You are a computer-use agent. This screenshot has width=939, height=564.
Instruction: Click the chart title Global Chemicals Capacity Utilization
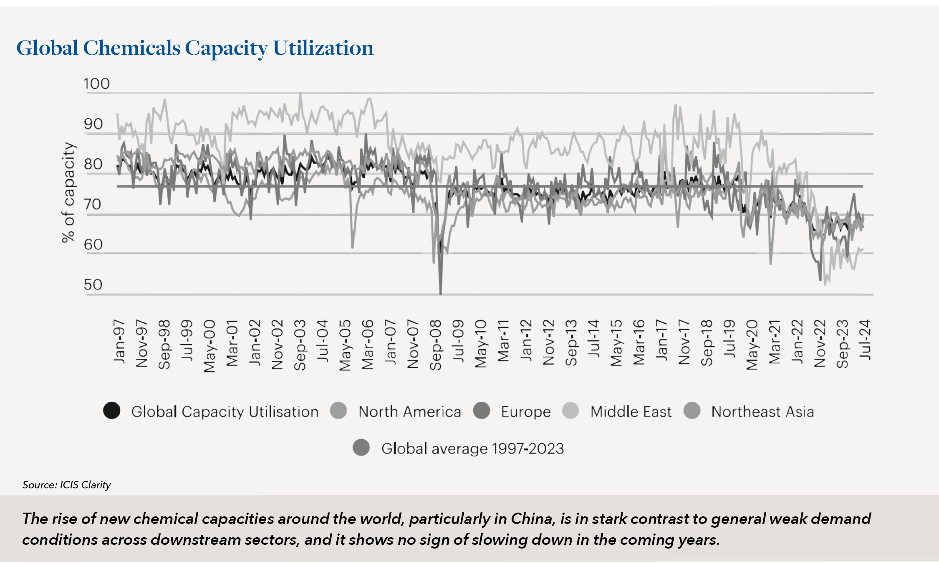click(x=194, y=48)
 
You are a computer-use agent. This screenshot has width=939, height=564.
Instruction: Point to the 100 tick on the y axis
click(x=96, y=84)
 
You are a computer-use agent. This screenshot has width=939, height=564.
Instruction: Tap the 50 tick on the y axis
click(x=93, y=285)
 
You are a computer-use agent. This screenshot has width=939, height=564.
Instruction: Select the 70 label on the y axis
click(x=93, y=205)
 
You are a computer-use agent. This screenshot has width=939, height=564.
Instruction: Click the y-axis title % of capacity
click(x=68, y=192)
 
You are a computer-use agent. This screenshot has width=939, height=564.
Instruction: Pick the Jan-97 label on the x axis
click(x=119, y=341)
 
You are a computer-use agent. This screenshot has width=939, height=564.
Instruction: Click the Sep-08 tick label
click(x=436, y=345)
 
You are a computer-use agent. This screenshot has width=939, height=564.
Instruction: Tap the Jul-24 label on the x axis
click(x=865, y=340)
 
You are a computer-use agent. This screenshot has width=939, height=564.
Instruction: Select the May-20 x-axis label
click(x=752, y=345)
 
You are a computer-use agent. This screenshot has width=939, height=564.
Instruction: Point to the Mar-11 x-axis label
click(x=503, y=341)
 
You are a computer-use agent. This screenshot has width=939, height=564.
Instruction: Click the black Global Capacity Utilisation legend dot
click(x=112, y=411)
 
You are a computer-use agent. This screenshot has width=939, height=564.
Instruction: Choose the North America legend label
click(x=409, y=412)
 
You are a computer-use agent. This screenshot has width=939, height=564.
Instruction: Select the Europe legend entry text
click(x=525, y=412)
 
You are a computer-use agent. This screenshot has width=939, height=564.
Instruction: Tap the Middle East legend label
click(x=631, y=412)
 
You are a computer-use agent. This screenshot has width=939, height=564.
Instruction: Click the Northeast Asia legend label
click(x=762, y=412)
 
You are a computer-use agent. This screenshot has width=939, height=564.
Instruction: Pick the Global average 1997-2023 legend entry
click(x=472, y=449)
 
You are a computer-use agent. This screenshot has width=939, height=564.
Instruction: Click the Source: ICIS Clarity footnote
click(x=67, y=485)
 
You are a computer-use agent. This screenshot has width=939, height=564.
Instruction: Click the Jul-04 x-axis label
click(x=323, y=340)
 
